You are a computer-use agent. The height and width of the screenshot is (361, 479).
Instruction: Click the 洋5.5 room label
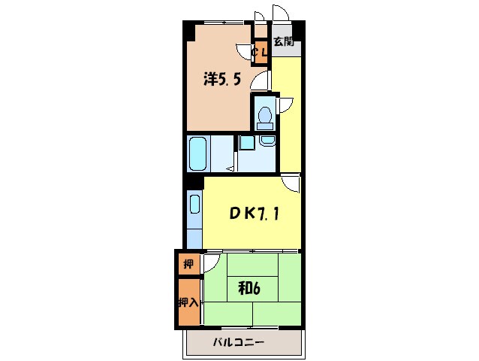point(221,78)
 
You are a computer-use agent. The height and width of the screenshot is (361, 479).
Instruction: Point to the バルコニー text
point(238,343)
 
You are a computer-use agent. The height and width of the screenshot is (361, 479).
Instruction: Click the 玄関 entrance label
point(282,42)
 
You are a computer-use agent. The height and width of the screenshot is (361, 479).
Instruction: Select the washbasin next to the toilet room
point(267,140)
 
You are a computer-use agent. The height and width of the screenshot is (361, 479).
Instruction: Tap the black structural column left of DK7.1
point(193,180)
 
